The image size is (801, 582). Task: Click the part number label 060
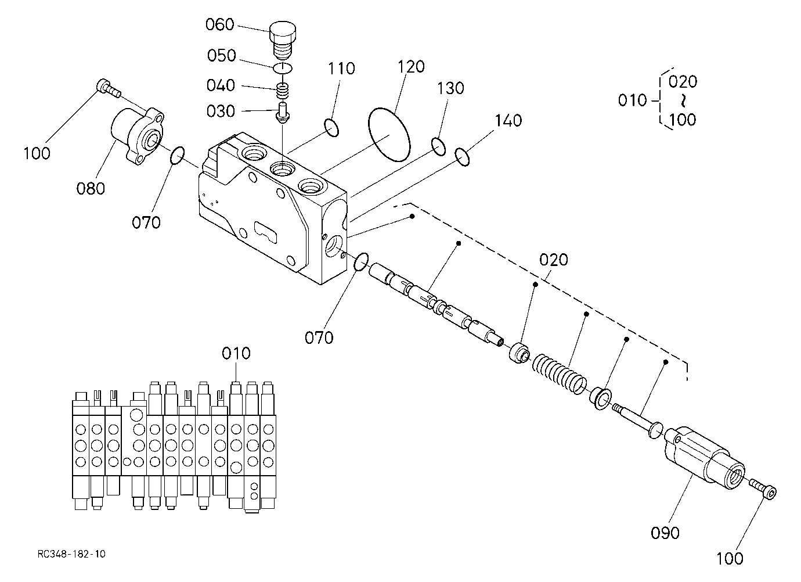pyautogui.click(x=219, y=25)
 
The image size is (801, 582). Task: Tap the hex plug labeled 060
pyautogui.click(x=283, y=41)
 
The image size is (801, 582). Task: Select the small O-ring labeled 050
pyautogui.click(x=283, y=67)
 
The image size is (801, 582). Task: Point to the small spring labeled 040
pyautogui.click(x=283, y=90)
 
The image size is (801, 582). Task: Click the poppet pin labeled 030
pyautogui.click(x=283, y=113)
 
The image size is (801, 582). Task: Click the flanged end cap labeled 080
pyautogui.click(x=138, y=136)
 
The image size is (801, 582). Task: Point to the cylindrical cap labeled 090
pyautogui.click(x=705, y=458)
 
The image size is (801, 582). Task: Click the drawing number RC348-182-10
pyautogui.click(x=71, y=554)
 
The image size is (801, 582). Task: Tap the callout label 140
pyautogui.click(x=508, y=121)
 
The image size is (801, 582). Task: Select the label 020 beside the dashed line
pyautogui.click(x=554, y=260)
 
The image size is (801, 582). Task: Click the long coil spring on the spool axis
pyautogui.click(x=560, y=375)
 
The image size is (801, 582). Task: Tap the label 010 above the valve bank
pyautogui.click(x=236, y=353)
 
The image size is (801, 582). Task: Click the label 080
pyautogui.click(x=91, y=188)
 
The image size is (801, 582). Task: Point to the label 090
pyautogui.click(x=665, y=533)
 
